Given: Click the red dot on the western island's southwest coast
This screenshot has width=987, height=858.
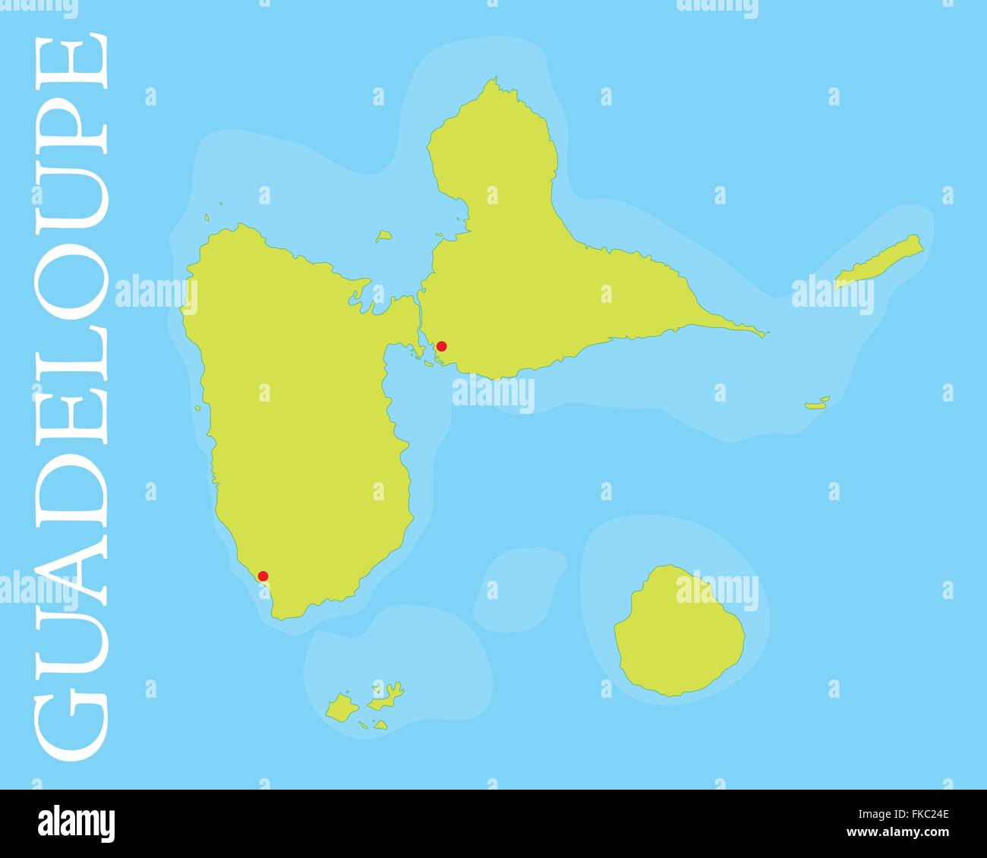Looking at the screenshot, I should pyautogui.click(x=263, y=576).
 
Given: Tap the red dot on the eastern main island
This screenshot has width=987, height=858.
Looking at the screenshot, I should pyautogui.click(x=442, y=346).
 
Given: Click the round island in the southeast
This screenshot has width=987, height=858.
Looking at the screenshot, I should pyautogui.click(x=678, y=629).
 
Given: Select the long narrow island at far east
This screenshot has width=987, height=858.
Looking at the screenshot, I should pyautogui.click(x=878, y=263).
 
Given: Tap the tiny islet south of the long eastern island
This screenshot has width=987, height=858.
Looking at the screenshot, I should pyautogui.click(x=817, y=403).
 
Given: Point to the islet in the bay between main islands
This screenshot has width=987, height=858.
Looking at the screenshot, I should pyautogui.click(x=384, y=236).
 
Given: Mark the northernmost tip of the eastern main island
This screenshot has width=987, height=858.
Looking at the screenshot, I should pyautogui.click(x=494, y=79).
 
